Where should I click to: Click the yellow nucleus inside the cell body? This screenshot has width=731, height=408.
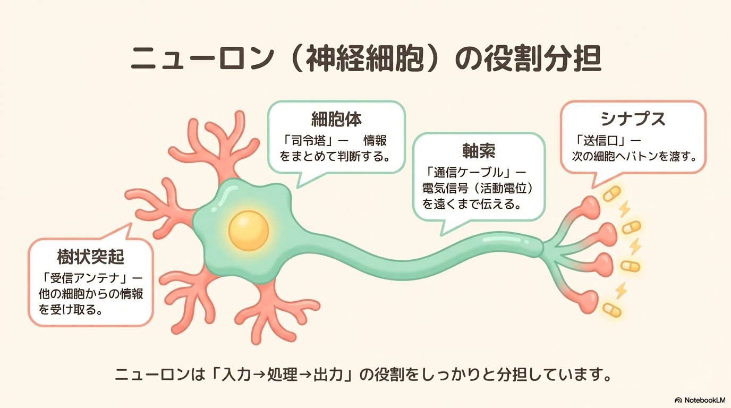249,231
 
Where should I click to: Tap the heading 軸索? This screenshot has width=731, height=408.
479,151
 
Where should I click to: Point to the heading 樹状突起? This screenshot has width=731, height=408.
91,258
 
